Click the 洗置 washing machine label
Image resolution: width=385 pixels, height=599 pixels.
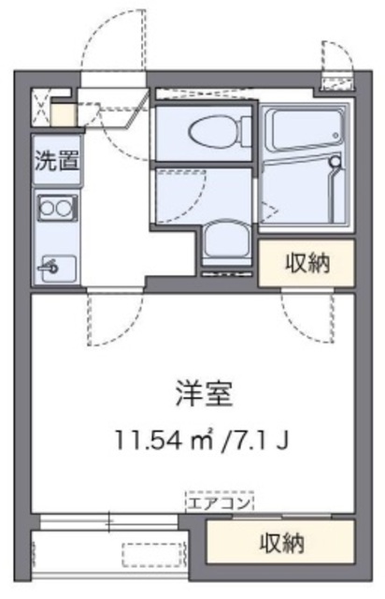point(56,159)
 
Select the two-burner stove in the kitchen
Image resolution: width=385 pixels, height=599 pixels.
point(56,209)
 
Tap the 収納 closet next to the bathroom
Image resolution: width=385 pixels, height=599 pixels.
point(307,263)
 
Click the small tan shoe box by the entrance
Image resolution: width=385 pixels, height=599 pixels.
point(63,115)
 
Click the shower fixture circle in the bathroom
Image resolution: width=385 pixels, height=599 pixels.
point(335,161)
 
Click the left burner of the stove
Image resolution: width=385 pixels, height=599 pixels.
point(48,209)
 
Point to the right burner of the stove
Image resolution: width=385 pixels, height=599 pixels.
point(65,209)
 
